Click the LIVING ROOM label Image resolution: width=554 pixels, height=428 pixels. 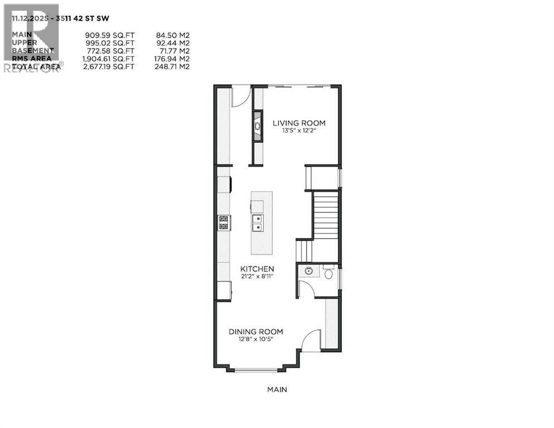click(299, 123)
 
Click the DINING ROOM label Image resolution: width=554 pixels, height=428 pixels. click(256, 332)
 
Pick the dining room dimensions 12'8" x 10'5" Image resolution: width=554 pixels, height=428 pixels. click(256, 339)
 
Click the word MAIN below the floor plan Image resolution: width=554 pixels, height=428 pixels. click(277, 390)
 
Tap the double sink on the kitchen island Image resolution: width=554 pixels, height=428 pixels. click(258, 223)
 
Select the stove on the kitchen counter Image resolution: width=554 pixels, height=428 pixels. click(224, 223)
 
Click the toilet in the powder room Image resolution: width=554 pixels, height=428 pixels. click(329, 274)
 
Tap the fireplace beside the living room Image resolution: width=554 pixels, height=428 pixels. click(258, 127)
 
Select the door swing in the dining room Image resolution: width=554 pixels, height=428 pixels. click(312, 340)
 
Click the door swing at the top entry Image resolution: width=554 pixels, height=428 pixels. click(239, 96)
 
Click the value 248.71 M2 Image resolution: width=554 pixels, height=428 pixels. click(172, 66)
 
